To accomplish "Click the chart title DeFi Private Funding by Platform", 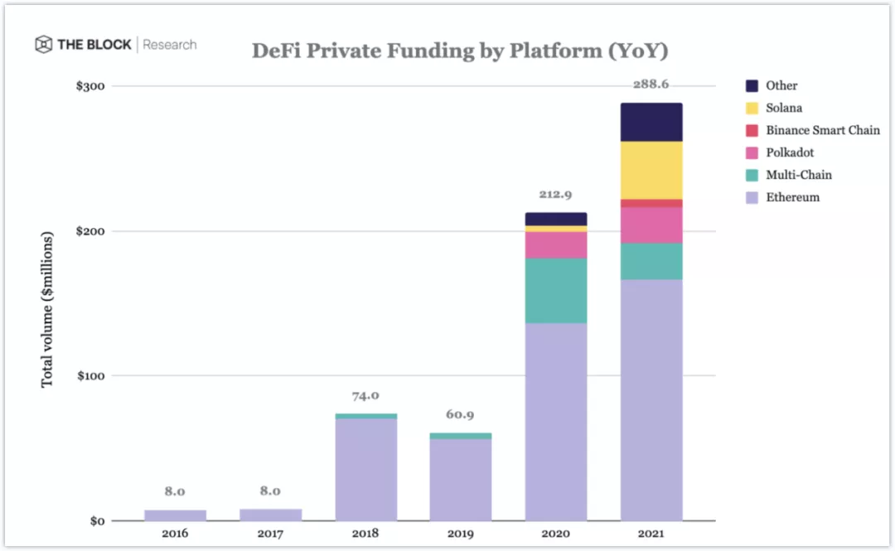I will click(x=460, y=51).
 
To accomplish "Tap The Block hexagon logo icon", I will click(x=43, y=45).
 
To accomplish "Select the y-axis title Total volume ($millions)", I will click(x=47, y=309).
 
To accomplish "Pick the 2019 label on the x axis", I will click(x=460, y=534).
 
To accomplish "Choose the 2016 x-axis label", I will click(x=175, y=534).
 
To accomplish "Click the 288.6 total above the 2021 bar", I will click(x=651, y=85).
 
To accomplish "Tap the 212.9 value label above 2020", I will click(x=556, y=195).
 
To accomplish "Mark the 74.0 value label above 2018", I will click(x=365, y=396).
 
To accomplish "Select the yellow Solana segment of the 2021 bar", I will click(x=651, y=170).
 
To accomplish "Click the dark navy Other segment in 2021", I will click(x=651, y=122).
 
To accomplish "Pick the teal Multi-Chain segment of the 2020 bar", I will click(x=556, y=290).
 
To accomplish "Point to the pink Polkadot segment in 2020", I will click(x=556, y=244).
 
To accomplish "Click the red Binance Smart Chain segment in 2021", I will click(x=651, y=203).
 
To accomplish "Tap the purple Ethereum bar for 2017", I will click(x=270, y=515).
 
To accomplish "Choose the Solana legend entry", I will click(x=784, y=108).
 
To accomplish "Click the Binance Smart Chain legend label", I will click(x=822, y=130).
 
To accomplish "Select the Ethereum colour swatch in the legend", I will click(x=752, y=198).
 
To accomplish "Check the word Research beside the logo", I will click(x=170, y=45).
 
